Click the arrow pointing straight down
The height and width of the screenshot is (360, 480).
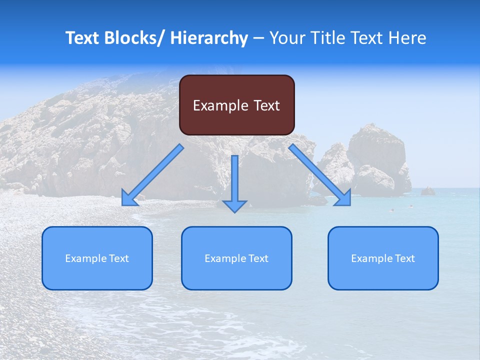pyautogui.click(x=234, y=183)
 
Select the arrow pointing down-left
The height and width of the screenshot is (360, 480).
pyautogui.click(x=153, y=175)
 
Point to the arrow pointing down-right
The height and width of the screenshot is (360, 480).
pyautogui.click(x=320, y=175)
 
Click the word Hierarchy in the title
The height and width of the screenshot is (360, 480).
pyautogui.click(x=208, y=38)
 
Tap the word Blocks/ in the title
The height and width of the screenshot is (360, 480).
pyautogui.click(x=133, y=38)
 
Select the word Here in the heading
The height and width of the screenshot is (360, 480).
pyautogui.click(x=407, y=38)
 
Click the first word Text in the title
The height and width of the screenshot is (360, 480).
pyautogui.click(x=83, y=38)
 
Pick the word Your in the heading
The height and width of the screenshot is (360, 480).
pyautogui.click(x=286, y=38)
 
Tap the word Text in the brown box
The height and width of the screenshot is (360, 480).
pyautogui.click(x=266, y=105)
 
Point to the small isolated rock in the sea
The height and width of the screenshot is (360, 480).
pyautogui.click(x=427, y=191)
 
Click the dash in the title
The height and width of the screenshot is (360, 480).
pyautogui.click(x=258, y=38)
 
